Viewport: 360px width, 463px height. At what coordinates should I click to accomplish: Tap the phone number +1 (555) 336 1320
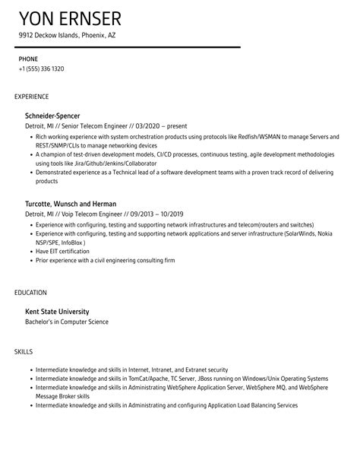(41, 68)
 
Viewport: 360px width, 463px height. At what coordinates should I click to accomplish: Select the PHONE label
(29, 58)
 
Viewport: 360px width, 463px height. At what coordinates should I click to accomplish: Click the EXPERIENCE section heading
(32, 97)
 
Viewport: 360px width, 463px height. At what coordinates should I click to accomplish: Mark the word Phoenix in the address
(89, 36)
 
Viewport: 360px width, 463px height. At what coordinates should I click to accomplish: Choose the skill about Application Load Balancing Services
(166, 405)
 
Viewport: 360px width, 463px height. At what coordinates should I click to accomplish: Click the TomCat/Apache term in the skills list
(147, 378)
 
